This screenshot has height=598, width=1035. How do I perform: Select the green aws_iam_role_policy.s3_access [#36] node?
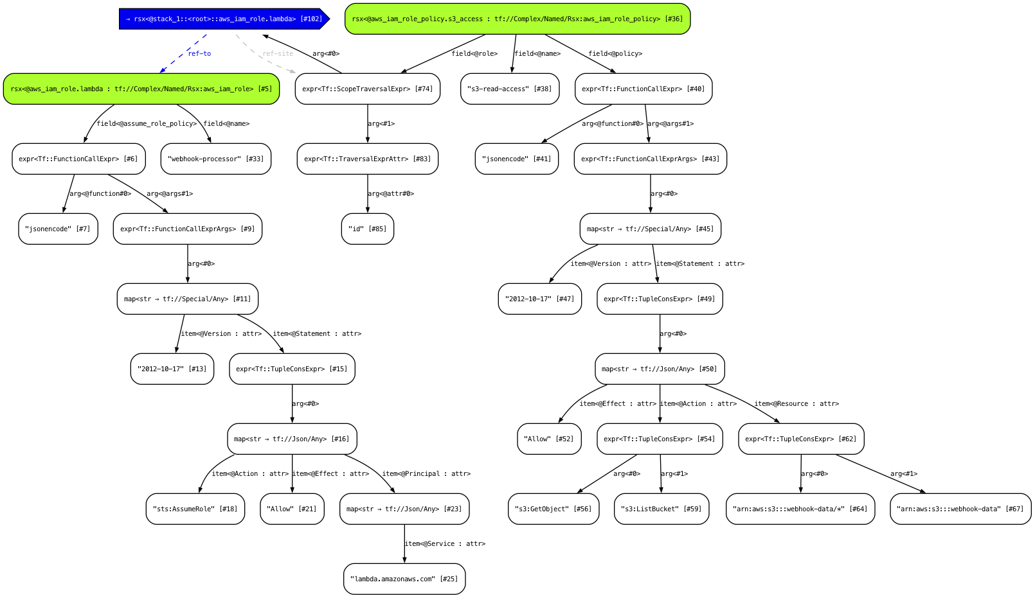click(x=517, y=19)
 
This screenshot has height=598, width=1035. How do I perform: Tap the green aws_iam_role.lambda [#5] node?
click(x=141, y=89)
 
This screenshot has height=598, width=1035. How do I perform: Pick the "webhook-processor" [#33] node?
click(x=215, y=159)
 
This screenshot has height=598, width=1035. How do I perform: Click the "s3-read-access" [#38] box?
click(x=509, y=89)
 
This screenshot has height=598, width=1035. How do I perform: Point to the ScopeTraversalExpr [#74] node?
click(x=367, y=89)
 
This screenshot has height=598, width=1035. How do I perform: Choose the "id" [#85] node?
click(x=367, y=229)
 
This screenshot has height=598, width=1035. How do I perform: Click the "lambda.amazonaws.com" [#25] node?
click(x=404, y=579)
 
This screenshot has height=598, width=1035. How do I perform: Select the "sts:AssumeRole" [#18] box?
click(x=195, y=509)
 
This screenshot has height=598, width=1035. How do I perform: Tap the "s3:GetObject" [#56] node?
click(x=553, y=509)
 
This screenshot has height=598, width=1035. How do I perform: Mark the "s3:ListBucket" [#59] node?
click(x=661, y=509)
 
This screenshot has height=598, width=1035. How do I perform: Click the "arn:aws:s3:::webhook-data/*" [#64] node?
click(x=800, y=509)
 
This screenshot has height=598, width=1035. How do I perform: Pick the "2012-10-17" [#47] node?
click(x=539, y=299)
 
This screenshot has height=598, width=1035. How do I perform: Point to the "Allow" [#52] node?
click(x=549, y=439)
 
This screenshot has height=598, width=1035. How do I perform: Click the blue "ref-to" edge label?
click(x=199, y=54)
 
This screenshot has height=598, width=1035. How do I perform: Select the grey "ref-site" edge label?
click(x=278, y=54)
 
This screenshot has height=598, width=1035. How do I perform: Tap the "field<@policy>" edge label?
click(x=615, y=54)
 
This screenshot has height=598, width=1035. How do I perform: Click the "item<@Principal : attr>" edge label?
click(x=426, y=474)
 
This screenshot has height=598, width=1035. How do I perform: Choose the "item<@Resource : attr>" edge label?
click(x=796, y=404)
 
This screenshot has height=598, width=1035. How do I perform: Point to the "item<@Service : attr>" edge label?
click(x=444, y=544)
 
